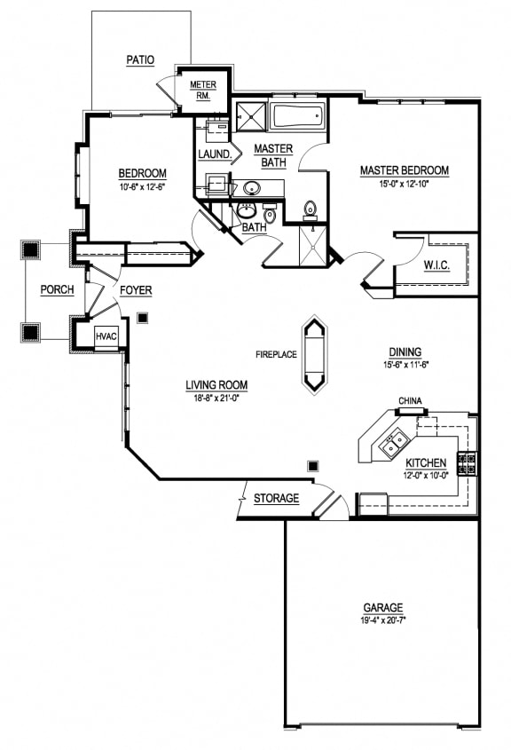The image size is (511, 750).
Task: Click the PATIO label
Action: [x=140, y=60]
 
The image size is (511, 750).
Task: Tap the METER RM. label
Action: [x=203, y=91]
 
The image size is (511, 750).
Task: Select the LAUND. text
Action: [x=216, y=154]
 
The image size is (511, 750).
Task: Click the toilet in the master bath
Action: [x=311, y=209]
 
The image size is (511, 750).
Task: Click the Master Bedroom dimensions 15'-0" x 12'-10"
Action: [x=404, y=185]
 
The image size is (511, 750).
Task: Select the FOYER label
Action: [x=136, y=290]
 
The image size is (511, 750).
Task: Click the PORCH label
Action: [x=57, y=290]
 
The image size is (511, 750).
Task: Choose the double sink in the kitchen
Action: [x=395, y=443]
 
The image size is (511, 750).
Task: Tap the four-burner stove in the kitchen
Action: [x=467, y=462]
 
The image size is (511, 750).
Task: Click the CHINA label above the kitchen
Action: [x=409, y=400]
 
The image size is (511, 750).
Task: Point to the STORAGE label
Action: [x=276, y=499]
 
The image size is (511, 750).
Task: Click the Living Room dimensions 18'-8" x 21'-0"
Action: [x=216, y=398]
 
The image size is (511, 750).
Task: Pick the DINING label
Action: [x=404, y=351]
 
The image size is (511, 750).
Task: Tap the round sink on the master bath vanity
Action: [x=251, y=187]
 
